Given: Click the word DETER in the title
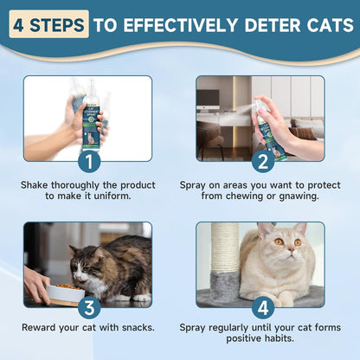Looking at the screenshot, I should [253, 24].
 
